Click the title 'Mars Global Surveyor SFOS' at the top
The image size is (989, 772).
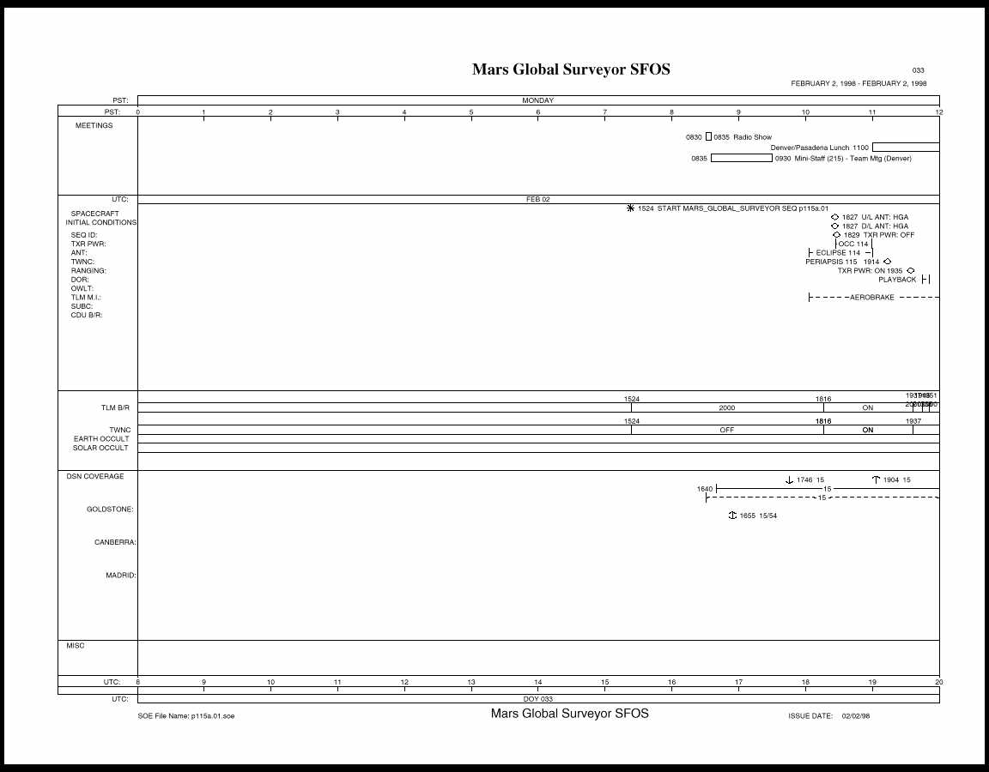[x=571, y=69]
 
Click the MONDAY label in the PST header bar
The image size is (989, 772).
[x=538, y=100]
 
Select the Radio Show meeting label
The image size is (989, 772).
[x=752, y=137]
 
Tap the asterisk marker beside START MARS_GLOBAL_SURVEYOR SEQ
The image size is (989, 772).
[x=631, y=208]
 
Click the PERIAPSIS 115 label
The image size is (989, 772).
[x=831, y=262]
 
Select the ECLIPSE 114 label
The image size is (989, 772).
[x=838, y=253]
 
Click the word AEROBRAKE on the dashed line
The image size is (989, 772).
[x=871, y=298]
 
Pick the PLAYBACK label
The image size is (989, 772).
[x=897, y=280]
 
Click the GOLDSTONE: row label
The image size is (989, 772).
[x=110, y=510]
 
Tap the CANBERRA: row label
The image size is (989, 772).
[x=115, y=542]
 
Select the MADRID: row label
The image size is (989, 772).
[x=120, y=576]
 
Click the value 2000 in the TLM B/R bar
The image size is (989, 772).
[x=726, y=408]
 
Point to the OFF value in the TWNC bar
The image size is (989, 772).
[x=726, y=430]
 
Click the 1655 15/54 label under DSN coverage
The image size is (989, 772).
[x=758, y=516]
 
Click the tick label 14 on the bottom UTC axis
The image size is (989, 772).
[x=538, y=682]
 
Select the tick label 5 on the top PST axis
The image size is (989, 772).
[x=471, y=112]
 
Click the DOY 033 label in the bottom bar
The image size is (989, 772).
[x=538, y=699]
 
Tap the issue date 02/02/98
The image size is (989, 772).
[x=856, y=715]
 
